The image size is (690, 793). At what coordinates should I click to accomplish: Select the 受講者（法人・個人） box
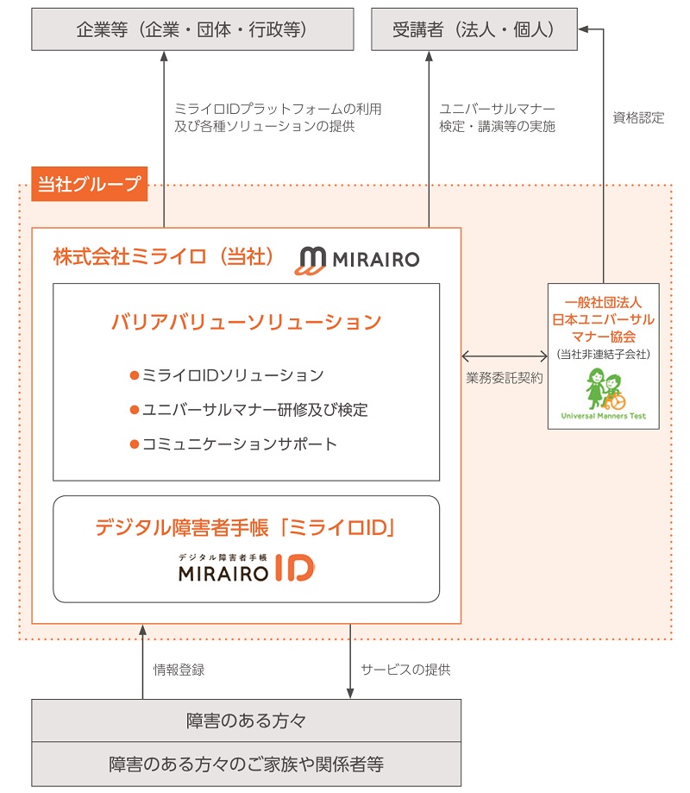click(x=474, y=29)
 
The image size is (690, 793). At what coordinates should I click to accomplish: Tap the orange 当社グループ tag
click(x=89, y=184)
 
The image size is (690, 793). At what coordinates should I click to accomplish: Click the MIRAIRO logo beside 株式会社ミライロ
click(x=357, y=259)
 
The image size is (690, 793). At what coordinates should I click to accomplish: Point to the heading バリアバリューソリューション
click(x=246, y=322)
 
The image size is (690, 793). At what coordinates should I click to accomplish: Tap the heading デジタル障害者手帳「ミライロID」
click(x=246, y=527)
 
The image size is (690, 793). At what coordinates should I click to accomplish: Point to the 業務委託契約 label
click(x=505, y=377)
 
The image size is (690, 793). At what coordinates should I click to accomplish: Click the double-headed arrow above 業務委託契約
click(x=505, y=355)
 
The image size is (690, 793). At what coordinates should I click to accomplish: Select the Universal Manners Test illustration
click(x=603, y=393)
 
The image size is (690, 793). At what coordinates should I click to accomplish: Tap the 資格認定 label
click(x=638, y=118)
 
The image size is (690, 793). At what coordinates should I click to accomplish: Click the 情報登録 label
click(x=179, y=669)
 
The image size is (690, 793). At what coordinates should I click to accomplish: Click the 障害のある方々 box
click(x=246, y=720)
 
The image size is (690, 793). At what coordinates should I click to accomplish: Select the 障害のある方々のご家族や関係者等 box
click(x=246, y=764)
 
